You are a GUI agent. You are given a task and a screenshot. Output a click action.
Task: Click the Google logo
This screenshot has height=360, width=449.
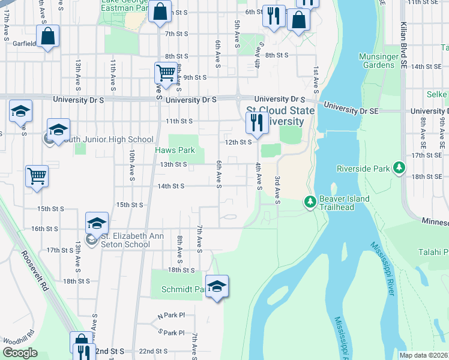20,353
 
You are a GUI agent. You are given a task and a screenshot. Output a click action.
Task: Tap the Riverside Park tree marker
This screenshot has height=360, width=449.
398,169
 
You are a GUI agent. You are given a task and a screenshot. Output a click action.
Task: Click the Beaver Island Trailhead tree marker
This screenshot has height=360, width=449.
310,203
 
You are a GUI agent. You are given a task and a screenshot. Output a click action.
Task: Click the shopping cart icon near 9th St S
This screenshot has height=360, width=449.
166,73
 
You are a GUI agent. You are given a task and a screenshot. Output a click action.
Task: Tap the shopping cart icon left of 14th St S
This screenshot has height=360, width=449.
37,176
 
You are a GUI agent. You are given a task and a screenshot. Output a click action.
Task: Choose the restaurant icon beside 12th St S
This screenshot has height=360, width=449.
257,123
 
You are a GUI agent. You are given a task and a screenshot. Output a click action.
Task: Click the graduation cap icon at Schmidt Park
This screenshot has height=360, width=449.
217,286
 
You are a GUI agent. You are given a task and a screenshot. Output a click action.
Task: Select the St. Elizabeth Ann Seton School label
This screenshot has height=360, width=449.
127,240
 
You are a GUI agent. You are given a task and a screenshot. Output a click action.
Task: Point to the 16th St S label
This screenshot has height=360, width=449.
44,229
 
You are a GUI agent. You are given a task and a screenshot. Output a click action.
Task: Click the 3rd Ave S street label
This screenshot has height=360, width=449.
278,190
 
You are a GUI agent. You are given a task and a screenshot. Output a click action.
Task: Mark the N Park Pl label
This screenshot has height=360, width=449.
171,315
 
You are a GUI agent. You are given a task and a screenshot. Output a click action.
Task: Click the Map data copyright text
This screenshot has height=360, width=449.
424,355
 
